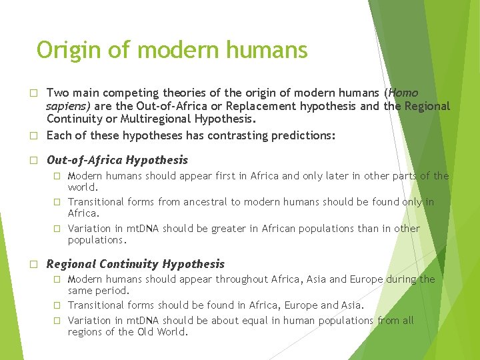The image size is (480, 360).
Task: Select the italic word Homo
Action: (x=403, y=93)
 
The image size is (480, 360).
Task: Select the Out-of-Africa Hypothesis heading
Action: (x=117, y=160)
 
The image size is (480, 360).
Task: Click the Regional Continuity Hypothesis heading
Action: (x=135, y=264)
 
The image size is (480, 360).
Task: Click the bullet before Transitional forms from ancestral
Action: (x=57, y=202)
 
